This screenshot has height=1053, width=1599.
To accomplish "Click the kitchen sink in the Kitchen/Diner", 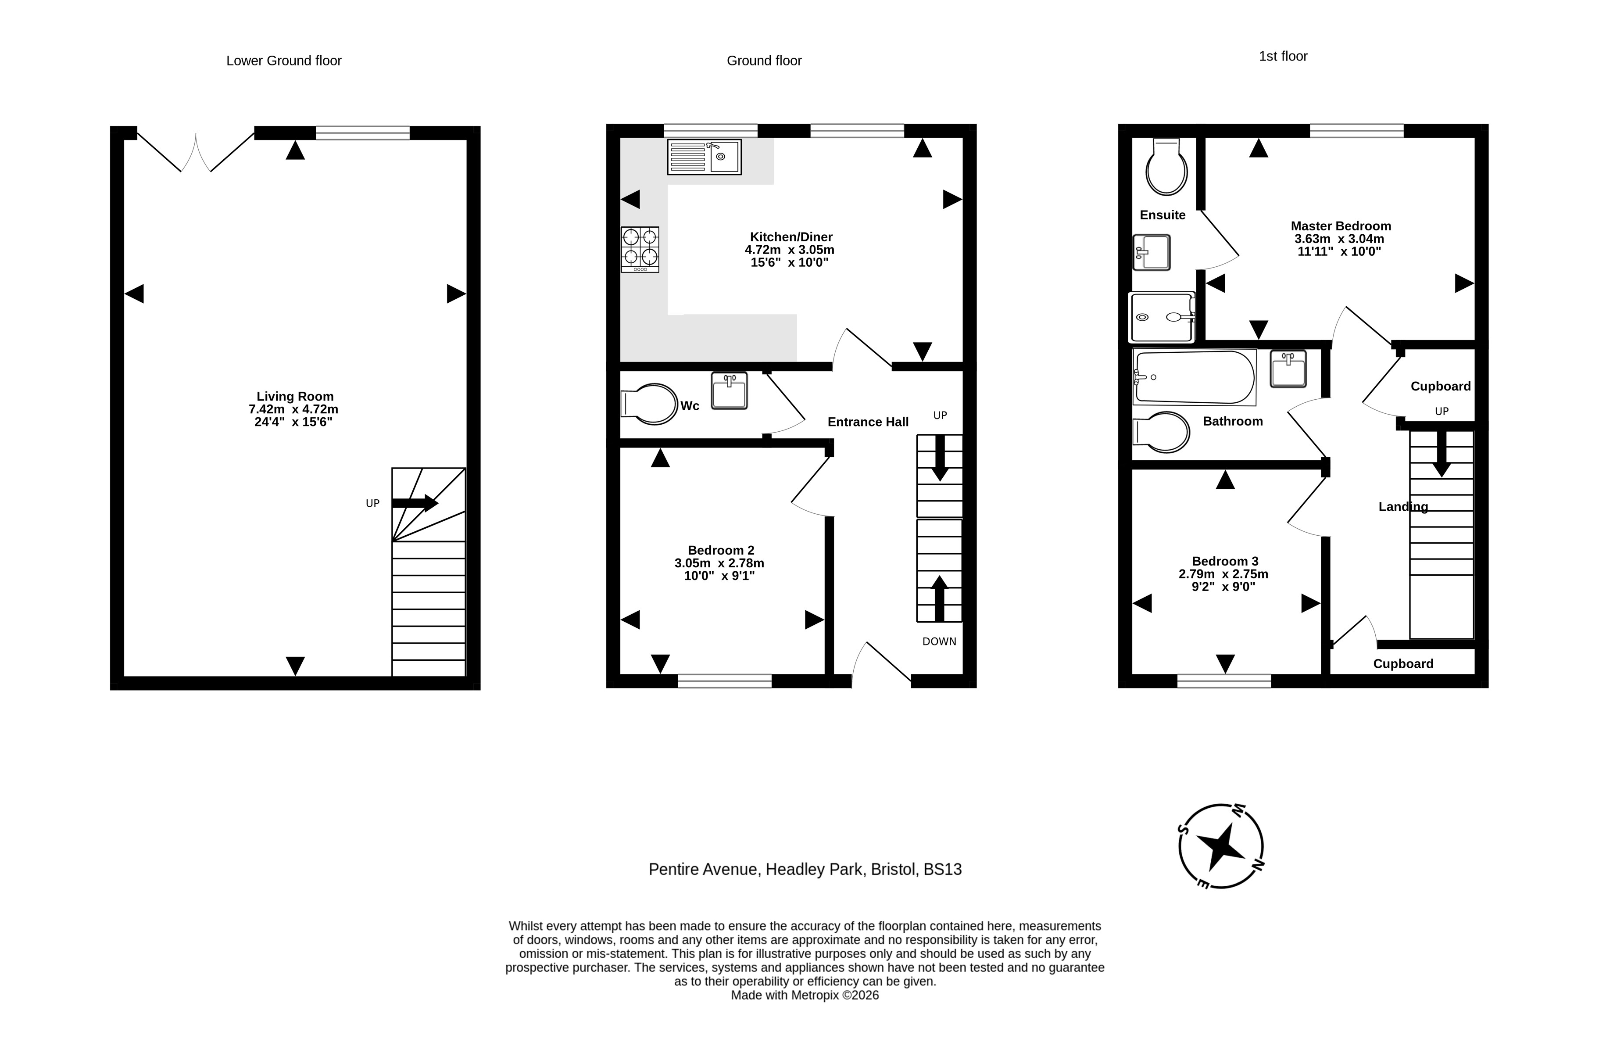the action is click(704, 157).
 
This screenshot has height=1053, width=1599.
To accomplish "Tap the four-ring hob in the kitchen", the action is click(640, 249).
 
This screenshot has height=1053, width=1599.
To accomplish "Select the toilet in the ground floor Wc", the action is click(649, 404).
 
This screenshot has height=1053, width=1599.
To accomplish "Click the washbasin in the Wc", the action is click(729, 391).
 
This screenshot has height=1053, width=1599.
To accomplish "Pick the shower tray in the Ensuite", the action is click(1163, 317).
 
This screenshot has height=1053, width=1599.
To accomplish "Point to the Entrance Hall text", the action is click(868, 422).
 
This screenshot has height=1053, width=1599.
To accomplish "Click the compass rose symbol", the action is click(1221, 846).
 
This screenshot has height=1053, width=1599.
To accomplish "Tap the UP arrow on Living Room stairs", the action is click(415, 503).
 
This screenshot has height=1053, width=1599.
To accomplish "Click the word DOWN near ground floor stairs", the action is click(939, 642).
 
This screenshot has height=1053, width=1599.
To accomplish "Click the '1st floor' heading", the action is click(1283, 57).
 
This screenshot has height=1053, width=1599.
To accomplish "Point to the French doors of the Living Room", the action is click(196, 152).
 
